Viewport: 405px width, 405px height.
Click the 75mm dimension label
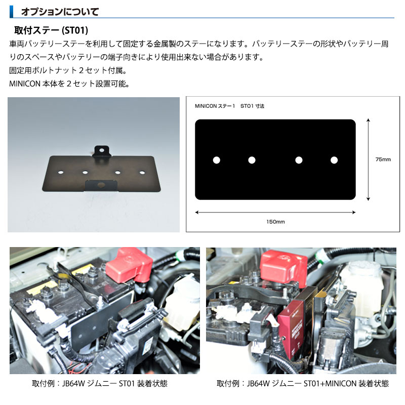point(383,159)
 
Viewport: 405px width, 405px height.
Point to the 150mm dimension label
point(275,222)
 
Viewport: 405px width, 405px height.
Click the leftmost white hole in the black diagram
point(216,160)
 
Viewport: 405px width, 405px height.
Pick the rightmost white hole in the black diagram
point(334,160)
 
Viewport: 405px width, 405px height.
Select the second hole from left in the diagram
point(252,160)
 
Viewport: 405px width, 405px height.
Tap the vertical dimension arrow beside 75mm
point(368,159)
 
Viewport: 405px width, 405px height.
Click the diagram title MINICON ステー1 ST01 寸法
point(230,106)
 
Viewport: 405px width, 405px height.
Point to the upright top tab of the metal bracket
point(102,151)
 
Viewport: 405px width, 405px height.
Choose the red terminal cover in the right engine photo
point(282,266)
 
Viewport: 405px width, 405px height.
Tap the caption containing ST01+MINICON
point(302,383)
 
